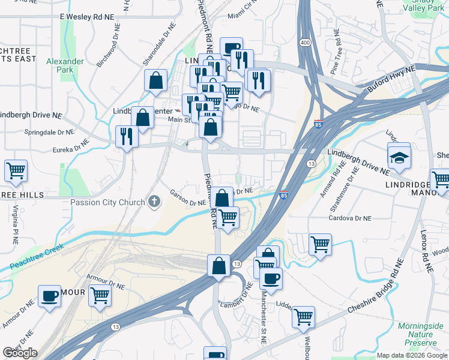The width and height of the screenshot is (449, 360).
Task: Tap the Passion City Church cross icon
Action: (155, 202)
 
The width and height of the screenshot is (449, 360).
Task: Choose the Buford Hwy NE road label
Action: (392, 79)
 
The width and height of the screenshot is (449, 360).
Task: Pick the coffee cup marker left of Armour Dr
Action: (49, 295)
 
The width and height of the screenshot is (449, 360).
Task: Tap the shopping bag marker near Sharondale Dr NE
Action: (155, 80)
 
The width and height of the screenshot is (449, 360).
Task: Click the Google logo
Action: (20, 352)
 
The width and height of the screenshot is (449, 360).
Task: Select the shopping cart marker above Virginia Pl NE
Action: (16, 170)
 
